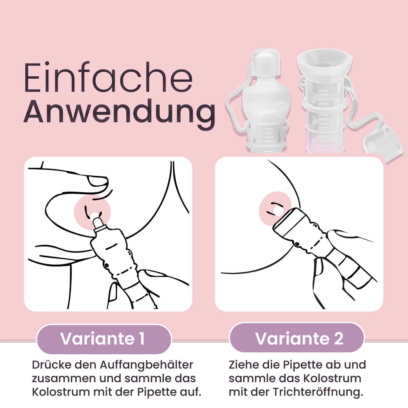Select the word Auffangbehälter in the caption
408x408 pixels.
(x=147, y=365)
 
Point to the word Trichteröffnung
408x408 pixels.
(x=318, y=392)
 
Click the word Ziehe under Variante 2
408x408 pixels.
(x=243, y=365)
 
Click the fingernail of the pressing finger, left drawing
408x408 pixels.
(x=97, y=181)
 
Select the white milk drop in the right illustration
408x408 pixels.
(x=277, y=211)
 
